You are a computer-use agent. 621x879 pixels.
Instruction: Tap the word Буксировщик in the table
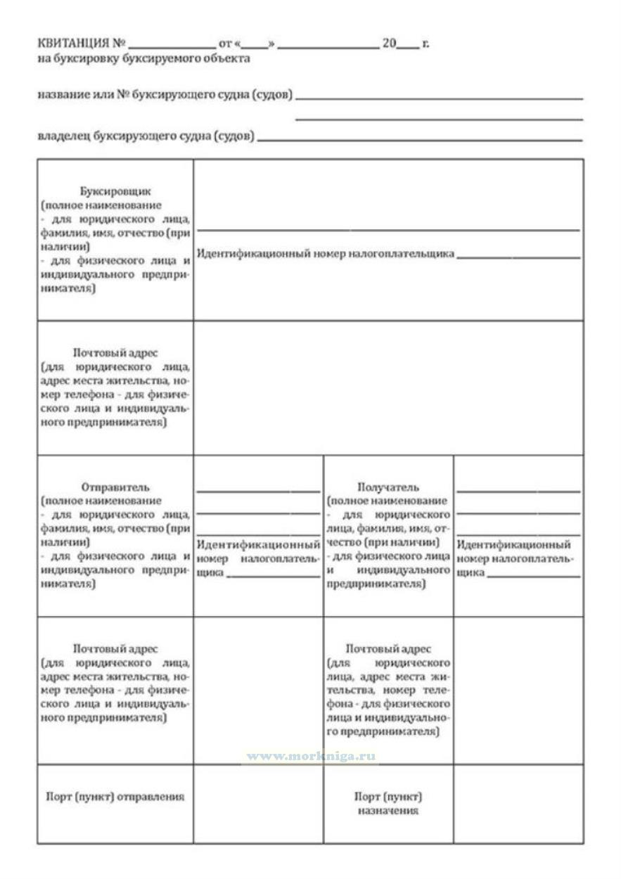(x=115, y=191)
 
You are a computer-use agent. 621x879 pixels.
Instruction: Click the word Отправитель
(x=115, y=487)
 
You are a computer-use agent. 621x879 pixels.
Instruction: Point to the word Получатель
(x=388, y=487)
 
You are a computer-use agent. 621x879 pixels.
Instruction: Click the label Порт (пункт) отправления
(x=115, y=797)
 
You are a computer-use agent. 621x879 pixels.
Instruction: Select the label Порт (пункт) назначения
(x=388, y=804)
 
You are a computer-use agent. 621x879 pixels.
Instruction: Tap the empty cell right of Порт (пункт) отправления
(x=258, y=804)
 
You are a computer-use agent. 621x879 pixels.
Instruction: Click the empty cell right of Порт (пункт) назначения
(x=518, y=804)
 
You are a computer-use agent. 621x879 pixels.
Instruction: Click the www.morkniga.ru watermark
(x=310, y=757)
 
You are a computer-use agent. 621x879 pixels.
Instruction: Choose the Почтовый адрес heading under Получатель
(x=388, y=648)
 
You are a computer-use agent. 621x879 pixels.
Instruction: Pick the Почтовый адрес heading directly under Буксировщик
(x=115, y=352)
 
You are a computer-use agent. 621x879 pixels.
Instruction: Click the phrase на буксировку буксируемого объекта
(x=143, y=58)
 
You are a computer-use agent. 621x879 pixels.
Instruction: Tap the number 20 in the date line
(x=390, y=44)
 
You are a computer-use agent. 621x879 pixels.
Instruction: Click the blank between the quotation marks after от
(x=255, y=44)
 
